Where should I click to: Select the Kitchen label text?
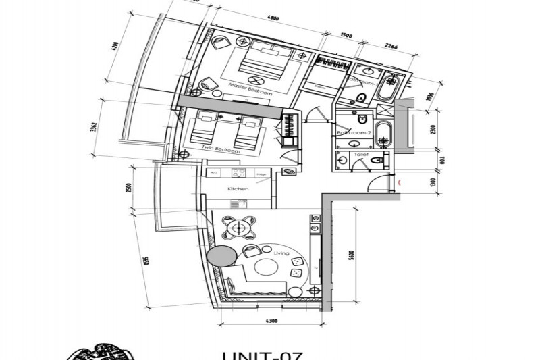click(x=238, y=189)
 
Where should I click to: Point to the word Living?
click(x=281, y=253)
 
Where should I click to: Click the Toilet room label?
click(x=360, y=155)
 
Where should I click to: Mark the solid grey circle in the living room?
click(x=219, y=257)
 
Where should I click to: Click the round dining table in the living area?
click(x=238, y=228)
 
